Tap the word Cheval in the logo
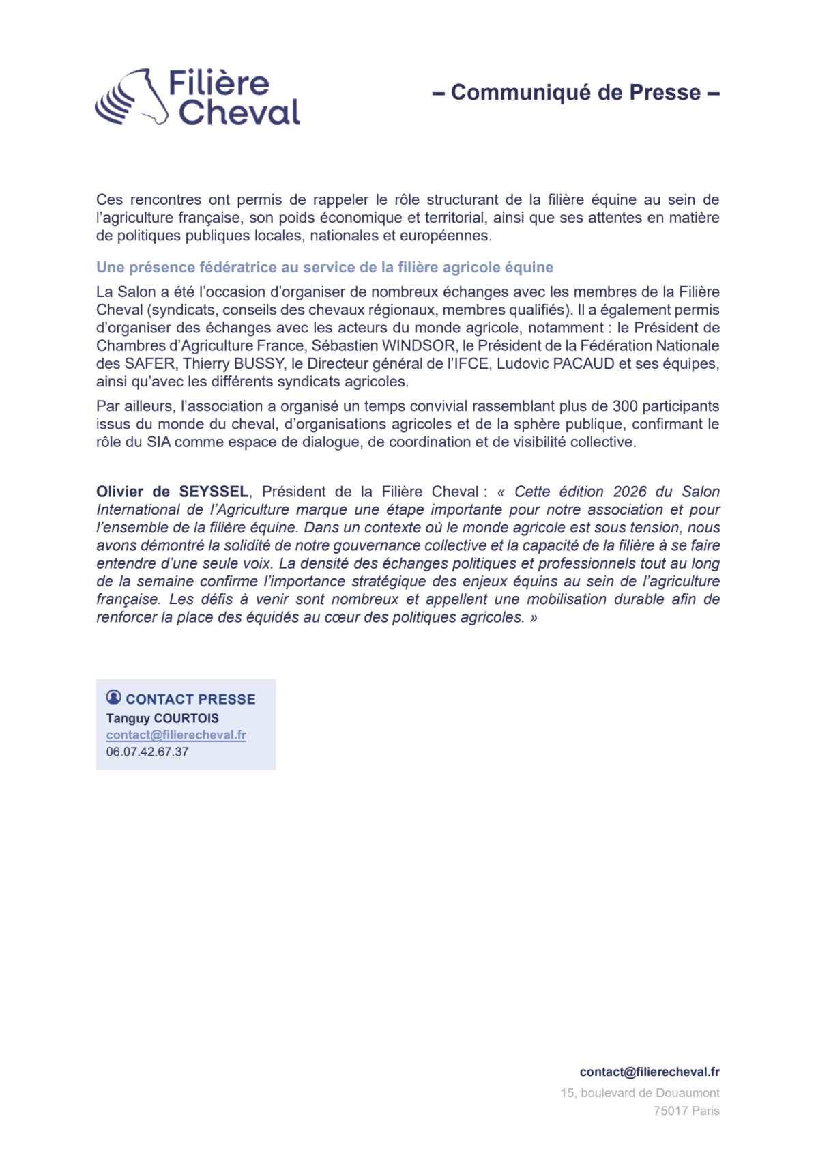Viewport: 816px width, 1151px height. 239,113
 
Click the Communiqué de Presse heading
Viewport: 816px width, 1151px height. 576,92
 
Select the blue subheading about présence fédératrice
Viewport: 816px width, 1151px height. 324,268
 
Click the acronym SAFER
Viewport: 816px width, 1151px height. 149,364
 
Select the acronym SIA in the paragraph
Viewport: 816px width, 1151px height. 159,442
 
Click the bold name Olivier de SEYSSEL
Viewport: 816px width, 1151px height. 172,492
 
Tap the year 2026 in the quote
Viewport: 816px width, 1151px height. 630,492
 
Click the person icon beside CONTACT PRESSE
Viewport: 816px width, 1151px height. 114,697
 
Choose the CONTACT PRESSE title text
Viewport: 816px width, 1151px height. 190,699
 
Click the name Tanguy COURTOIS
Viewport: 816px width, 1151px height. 162,718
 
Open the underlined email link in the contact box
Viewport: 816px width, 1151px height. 176,735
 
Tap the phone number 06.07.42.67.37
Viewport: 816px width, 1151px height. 147,752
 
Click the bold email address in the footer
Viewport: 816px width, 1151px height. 650,1072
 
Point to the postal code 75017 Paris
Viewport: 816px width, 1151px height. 686,1111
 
